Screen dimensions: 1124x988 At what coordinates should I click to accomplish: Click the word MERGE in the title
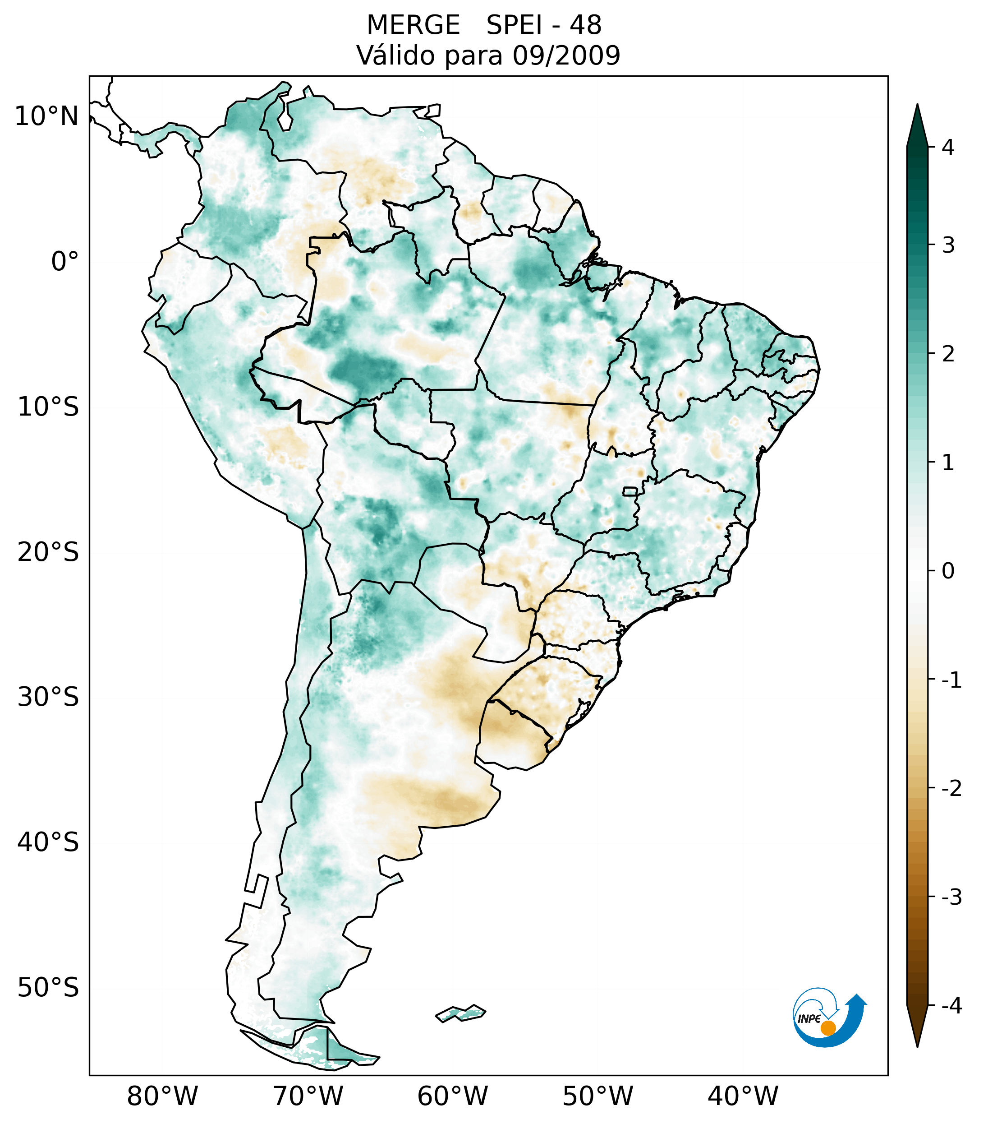pyautogui.click(x=413, y=25)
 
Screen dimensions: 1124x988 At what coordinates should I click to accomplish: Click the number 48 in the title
pyautogui.click(x=585, y=25)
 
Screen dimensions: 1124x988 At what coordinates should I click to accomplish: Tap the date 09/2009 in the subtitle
pyautogui.click(x=566, y=56)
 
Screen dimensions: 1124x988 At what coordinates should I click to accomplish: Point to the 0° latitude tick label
pyautogui.click(x=65, y=262)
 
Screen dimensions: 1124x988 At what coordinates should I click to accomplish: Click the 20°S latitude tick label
pyautogui.click(x=48, y=552)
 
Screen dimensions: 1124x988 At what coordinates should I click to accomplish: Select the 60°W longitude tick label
pyautogui.click(x=452, y=1096)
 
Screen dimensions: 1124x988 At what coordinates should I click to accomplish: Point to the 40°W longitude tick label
pyautogui.click(x=743, y=1096)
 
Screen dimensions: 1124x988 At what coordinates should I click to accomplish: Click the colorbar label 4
pyautogui.click(x=948, y=148)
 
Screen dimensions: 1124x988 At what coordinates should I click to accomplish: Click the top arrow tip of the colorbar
pyautogui.click(x=917, y=106)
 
